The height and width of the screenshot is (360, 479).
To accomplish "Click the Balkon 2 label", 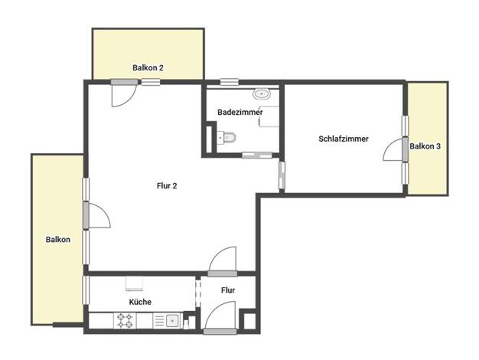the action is click(x=148, y=67).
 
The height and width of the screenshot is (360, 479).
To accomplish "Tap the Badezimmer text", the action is click(x=239, y=112).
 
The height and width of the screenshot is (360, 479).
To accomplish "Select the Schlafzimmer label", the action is click(x=344, y=139).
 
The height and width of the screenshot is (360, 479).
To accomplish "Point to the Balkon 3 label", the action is click(x=425, y=146).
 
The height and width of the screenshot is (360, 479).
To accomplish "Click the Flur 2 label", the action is click(x=167, y=185).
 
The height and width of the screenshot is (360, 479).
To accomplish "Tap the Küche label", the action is click(x=140, y=302).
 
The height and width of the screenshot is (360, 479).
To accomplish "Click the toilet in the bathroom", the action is click(x=227, y=137).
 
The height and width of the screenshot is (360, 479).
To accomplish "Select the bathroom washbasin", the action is click(x=262, y=94).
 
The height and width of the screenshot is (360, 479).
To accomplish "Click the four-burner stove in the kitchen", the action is click(x=125, y=320).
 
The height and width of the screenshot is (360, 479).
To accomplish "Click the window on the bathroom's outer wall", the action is click(x=230, y=82).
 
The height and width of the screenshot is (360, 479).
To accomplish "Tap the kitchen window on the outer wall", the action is click(x=86, y=290).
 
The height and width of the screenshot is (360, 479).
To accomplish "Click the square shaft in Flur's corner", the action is click(x=248, y=320).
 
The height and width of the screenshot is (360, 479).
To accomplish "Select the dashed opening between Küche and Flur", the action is click(x=198, y=293).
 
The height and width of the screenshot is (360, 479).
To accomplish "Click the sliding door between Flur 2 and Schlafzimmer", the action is click(x=282, y=175).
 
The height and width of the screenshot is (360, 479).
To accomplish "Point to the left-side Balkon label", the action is click(x=58, y=240).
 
